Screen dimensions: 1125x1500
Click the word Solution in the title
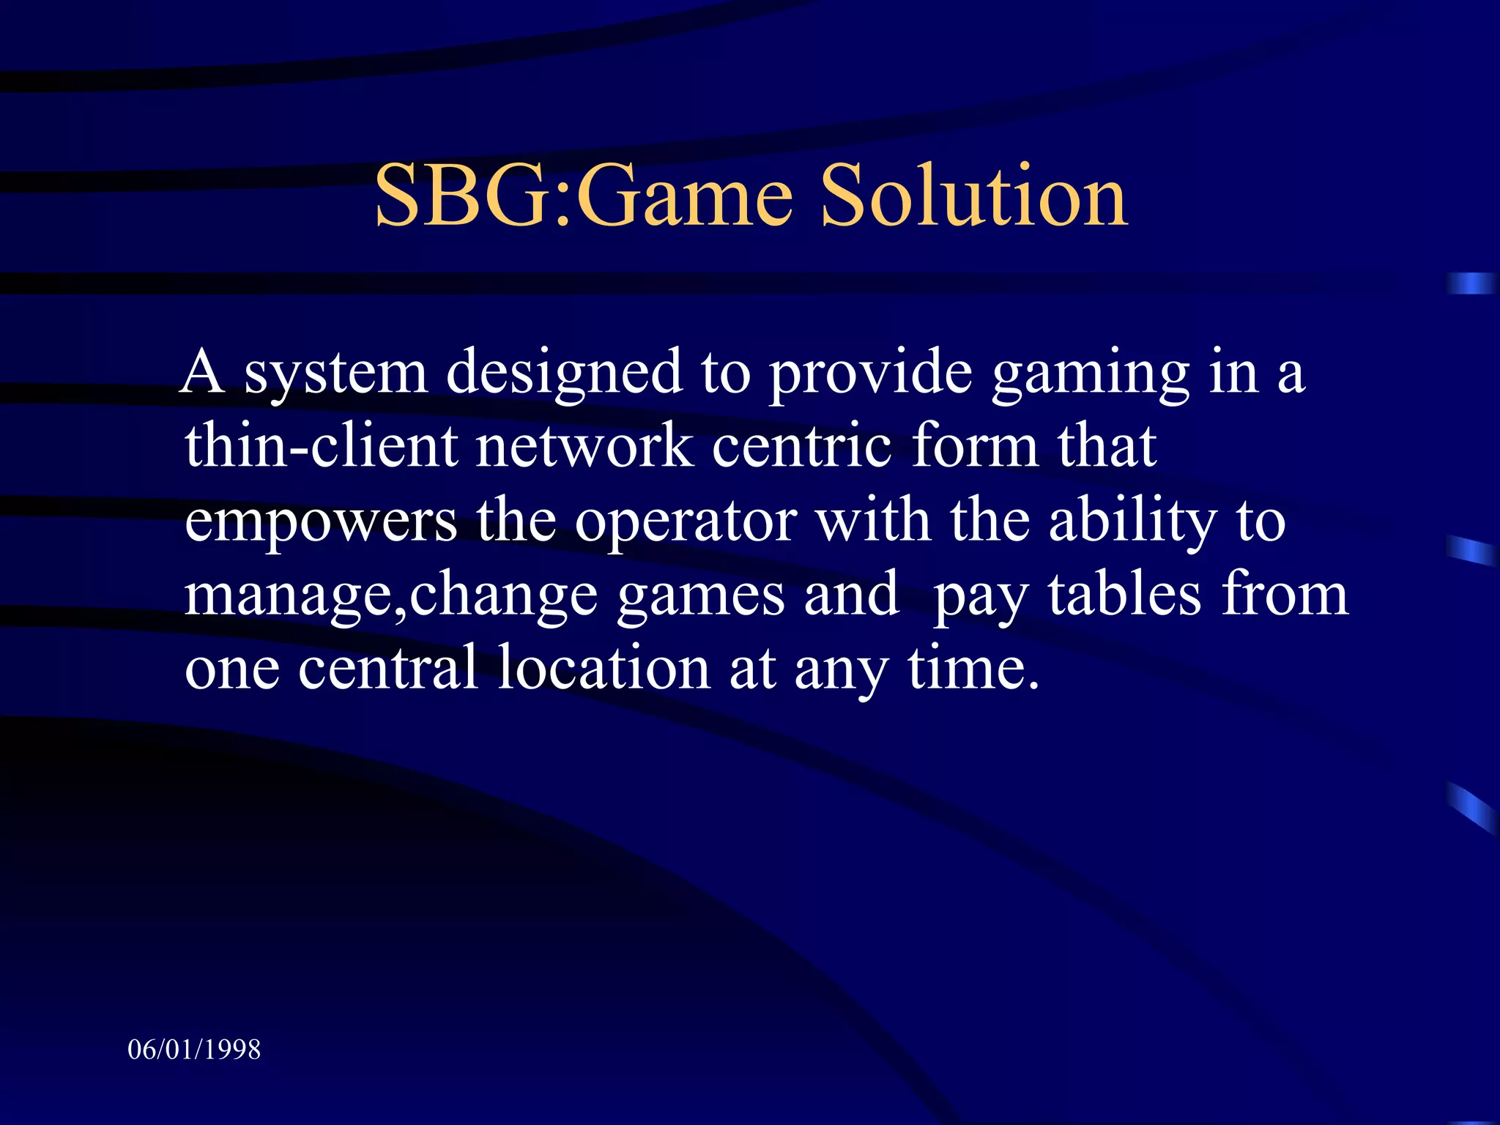[x=974, y=196]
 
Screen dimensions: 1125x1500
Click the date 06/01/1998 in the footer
[x=194, y=1050]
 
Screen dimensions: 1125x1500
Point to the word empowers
[x=321, y=523]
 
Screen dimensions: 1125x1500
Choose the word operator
[x=686, y=523]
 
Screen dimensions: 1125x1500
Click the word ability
[x=1132, y=521]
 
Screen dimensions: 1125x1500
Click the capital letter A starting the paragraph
[x=202, y=373]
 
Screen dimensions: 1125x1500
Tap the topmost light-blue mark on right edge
[x=1471, y=283]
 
